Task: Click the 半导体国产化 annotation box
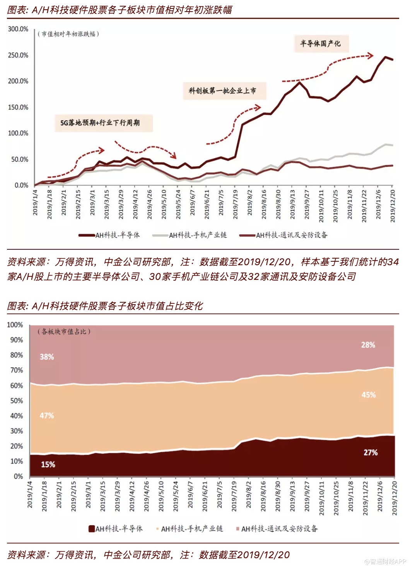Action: click(x=320, y=44)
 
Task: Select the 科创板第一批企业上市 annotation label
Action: click(x=222, y=91)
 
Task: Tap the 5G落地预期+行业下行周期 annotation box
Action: click(x=100, y=123)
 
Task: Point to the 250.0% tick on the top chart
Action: click(x=18, y=55)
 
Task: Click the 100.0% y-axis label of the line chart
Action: click(x=18, y=133)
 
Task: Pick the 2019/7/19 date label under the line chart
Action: click(x=235, y=204)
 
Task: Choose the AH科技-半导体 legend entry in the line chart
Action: click(x=109, y=235)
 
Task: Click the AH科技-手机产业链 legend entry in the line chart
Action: click(x=190, y=235)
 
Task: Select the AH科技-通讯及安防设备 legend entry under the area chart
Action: click(x=277, y=528)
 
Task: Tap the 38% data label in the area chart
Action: click(x=47, y=357)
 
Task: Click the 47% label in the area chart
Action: click(x=47, y=416)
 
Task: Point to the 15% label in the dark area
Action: click(x=48, y=464)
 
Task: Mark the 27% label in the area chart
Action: click(x=370, y=452)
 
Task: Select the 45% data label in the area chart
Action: click(x=368, y=395)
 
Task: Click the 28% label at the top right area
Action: click(x=368, y=345)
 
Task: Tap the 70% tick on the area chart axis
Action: click(x=17, y=370)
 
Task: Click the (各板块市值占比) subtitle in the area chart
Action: click(x=64, y=332)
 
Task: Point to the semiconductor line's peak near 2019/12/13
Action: click(x=385, y=57)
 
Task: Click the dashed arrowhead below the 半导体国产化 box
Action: click(x=371, y=56)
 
